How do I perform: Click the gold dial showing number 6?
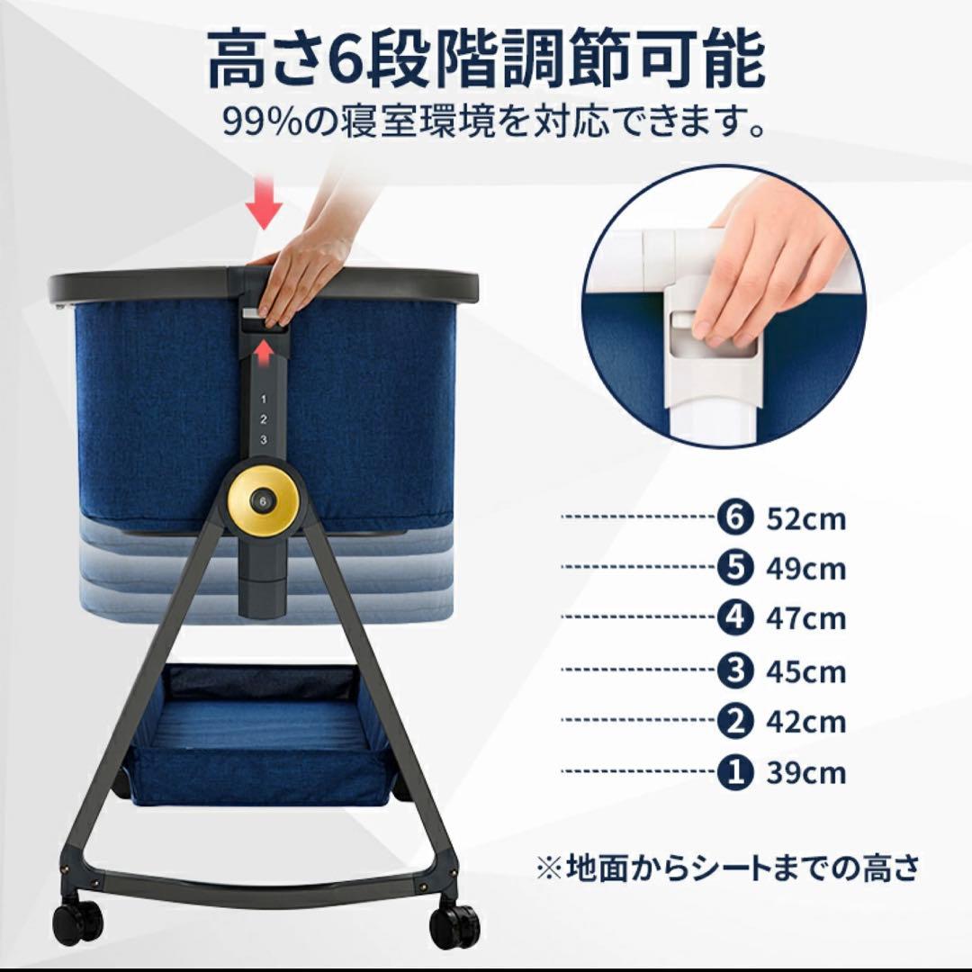[263, 500]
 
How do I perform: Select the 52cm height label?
[806, 519]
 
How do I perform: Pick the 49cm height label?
[806, 569]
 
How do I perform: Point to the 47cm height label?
[806, 619]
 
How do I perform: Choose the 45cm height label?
[806, 670]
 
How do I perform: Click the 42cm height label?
[806, 722]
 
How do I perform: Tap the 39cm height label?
[806, 773]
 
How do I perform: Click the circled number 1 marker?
[735, 773]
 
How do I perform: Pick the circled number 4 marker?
[735, 619]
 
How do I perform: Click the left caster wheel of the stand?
[77, 919]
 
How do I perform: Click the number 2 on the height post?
[263, 418]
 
